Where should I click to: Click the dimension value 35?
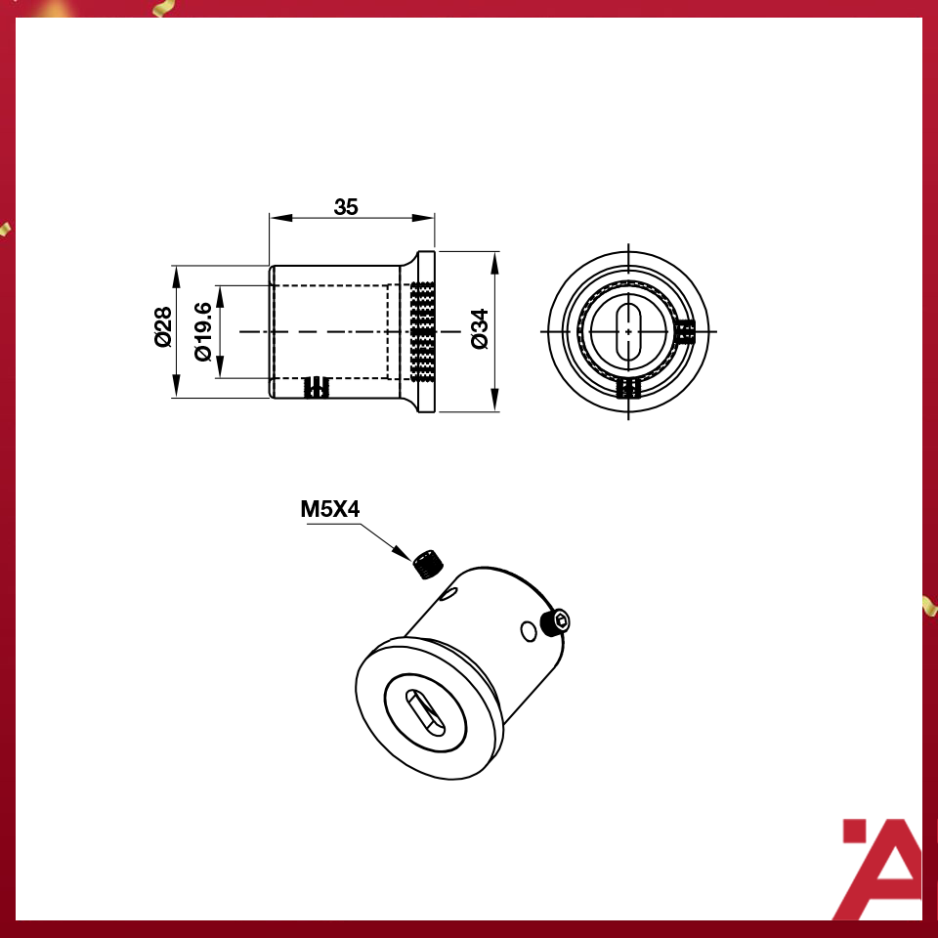click(346, 207)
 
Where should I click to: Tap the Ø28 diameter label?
click(162, 326)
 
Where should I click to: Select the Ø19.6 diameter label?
click(202, 331)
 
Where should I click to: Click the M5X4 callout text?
click(330, 509)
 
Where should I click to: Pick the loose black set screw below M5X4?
click(426, 564)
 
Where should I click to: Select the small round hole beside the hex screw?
click(530, 632)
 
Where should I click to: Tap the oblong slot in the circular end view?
click(627, 329)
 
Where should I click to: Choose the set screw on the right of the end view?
click(686, 332)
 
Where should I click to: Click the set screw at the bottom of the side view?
click(317, 388)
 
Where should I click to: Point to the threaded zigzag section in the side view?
click(422, 331)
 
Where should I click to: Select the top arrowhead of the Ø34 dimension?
click(494, 260)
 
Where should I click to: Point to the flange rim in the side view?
click(427, 331)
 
